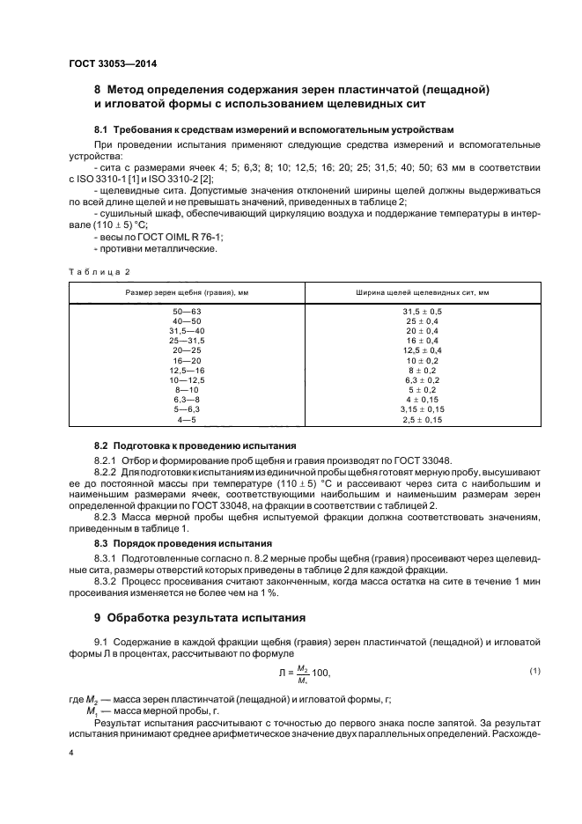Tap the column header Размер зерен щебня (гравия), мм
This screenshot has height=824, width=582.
[188, 292]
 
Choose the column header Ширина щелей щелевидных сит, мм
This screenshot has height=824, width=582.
[423, 292]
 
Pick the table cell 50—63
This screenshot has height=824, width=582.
[188, 312]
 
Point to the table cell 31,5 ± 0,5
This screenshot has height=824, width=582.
[423, 312]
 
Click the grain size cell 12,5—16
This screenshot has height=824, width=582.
[188, 371]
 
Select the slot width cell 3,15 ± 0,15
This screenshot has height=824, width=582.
[423, 409]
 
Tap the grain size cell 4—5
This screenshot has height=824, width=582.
[188, 420]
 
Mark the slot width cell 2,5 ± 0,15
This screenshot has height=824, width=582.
[423, 420]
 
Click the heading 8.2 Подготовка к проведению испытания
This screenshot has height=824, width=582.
[195, 445]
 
